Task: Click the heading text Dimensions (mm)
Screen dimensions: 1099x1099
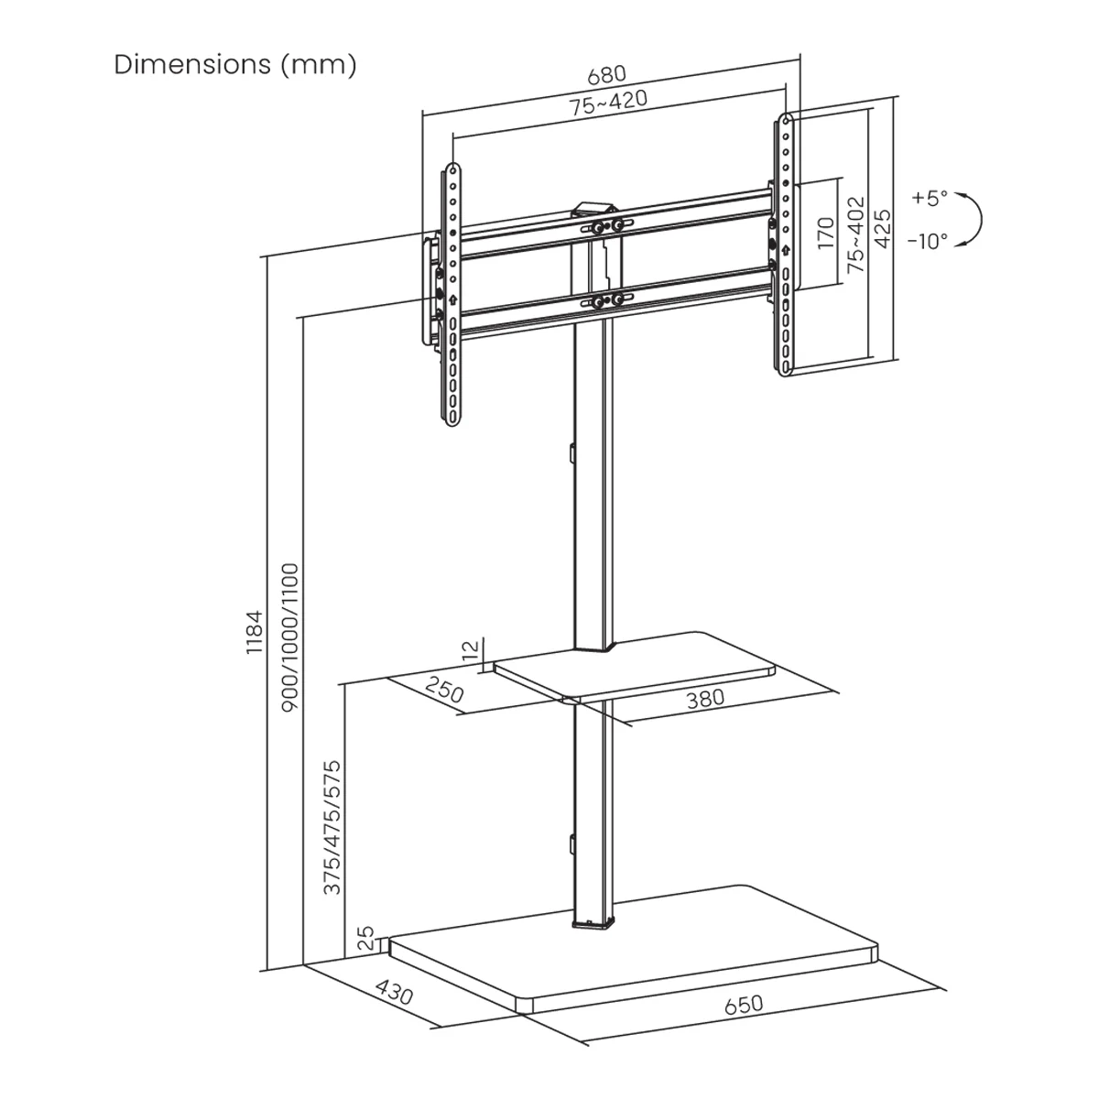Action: (234, 65)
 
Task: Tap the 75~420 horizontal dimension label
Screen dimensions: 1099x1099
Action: (608, 103)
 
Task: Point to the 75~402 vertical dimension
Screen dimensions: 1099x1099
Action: (855, 234)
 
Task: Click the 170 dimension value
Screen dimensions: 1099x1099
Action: (826, 234)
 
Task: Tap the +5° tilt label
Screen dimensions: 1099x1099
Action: (930, 198)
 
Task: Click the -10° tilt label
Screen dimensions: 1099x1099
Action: (928, 242)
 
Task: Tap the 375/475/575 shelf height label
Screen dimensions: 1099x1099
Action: (332, 827)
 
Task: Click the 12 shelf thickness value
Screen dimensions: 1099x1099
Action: (471, 651)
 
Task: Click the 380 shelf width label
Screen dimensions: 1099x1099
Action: (705, 698)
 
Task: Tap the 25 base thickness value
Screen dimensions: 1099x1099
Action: (365, 939)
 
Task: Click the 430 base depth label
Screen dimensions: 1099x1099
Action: (395, 994)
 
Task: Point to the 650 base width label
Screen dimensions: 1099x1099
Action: (743, 1005)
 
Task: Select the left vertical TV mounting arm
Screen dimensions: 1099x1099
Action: (452, 293)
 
